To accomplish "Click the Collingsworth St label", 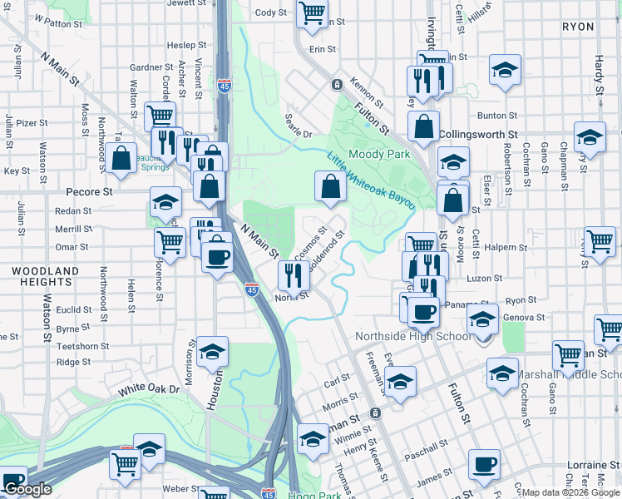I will click(478, 134).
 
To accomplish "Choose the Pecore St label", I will click(89, 191).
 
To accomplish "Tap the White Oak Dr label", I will click(149, 388).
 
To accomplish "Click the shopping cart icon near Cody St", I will click(313, 14).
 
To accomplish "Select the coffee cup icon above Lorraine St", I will click(483, 464).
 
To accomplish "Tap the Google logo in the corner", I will click(28, 489).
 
